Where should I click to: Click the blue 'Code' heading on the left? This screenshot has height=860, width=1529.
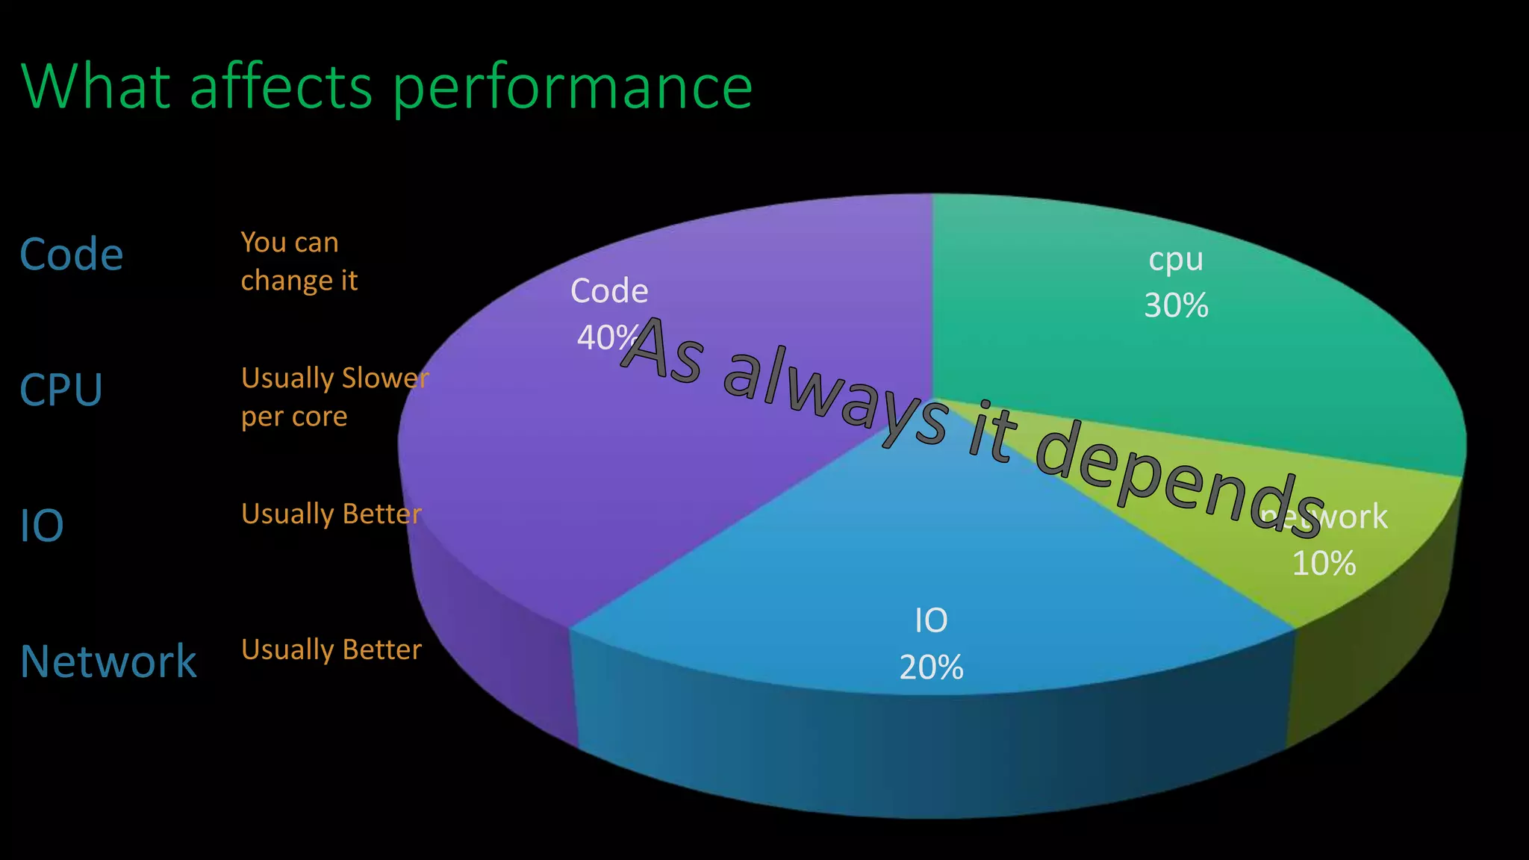point(71,255)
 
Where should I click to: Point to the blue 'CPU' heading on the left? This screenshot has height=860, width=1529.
point(60,390)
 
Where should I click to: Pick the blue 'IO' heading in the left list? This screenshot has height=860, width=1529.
point(42,526)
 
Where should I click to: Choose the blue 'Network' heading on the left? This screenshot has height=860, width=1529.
point(108,661)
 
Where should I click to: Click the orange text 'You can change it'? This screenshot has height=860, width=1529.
point(299,261)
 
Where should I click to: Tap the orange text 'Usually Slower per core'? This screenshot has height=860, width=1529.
point(334,397)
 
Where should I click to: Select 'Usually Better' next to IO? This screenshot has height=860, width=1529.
point(331,514)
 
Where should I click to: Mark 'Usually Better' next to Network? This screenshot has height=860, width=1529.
point(331,649)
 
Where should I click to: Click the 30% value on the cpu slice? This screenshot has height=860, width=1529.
point(1176,306)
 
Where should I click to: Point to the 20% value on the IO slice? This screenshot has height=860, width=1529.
point(931,667)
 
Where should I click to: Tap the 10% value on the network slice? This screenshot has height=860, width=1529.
point(1324,564)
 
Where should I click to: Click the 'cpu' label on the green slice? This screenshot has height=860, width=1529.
point(1176,260)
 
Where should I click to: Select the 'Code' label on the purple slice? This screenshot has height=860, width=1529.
point(609,291)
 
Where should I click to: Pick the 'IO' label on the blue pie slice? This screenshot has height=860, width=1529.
point(931,621)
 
